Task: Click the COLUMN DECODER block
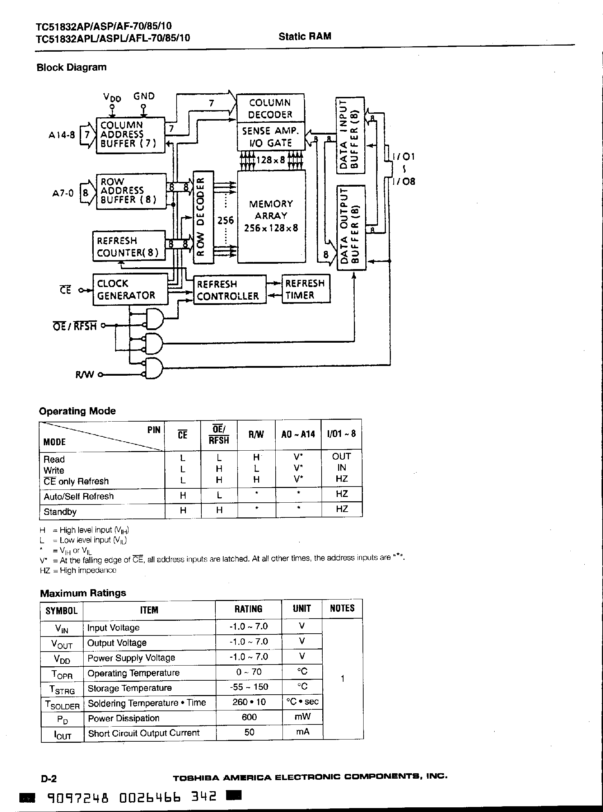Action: [x=270, y=108]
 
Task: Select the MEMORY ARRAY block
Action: [x=271, y=216]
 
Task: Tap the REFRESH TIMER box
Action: [x=305, y=289]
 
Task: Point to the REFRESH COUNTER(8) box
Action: [x=128, y=247]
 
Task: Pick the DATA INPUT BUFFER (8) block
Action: [x=350, y=135]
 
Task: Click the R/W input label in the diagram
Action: [x=84, y=375]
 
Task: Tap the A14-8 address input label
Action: [x=61, y=135]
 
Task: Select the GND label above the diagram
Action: [x=144, y=97]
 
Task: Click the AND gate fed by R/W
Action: [x=153, y=368]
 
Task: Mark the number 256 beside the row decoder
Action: [x=225, y=220]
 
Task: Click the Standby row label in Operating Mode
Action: [x=60, y=512]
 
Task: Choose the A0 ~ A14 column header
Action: [x=298, y=434]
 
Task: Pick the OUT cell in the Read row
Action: [x=341, y=456]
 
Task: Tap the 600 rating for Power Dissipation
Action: [x=249, y=717]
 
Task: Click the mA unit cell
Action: [x=302, y=732]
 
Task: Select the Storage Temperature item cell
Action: [x=130, y=688]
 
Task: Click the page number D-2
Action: [x=48, y=779]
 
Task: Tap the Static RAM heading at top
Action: [x=305, y=37]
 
